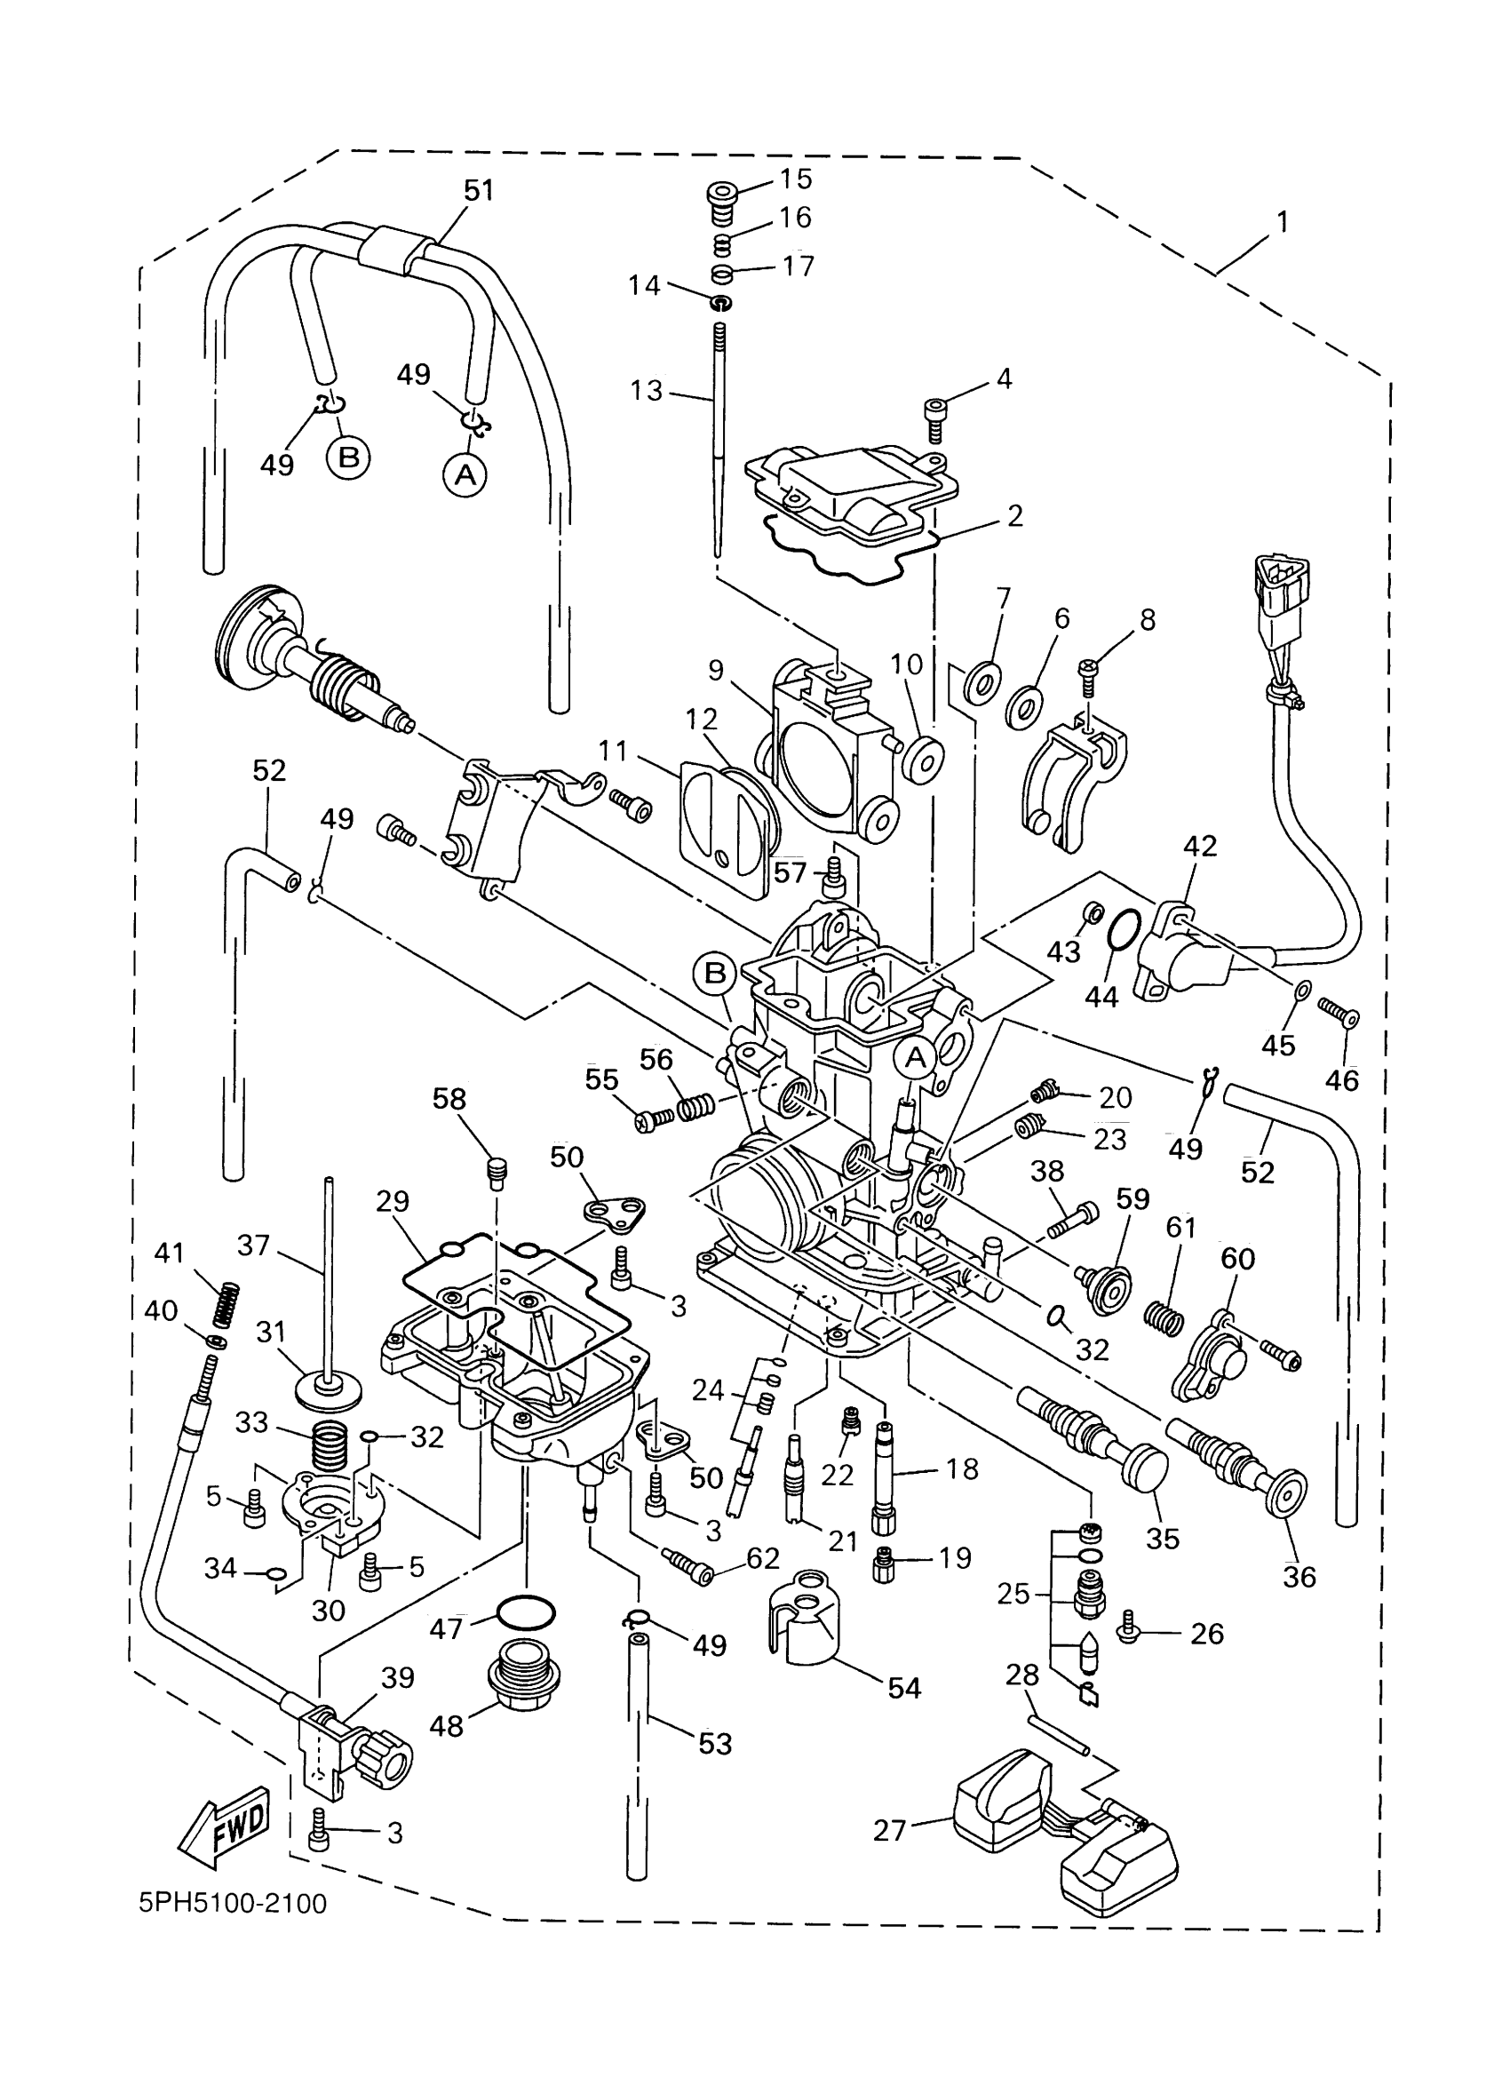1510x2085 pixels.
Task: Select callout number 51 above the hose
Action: click(479, 190)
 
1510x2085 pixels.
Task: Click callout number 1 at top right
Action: click(1282, 221)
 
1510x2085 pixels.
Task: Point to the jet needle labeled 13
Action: click(716, 442)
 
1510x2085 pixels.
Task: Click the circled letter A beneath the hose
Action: click(465, 474)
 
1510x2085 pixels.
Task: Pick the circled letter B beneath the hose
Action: click(348, 457)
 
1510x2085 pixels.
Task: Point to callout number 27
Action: click(890, 1830)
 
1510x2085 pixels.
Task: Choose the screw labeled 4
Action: click(936, 408)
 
